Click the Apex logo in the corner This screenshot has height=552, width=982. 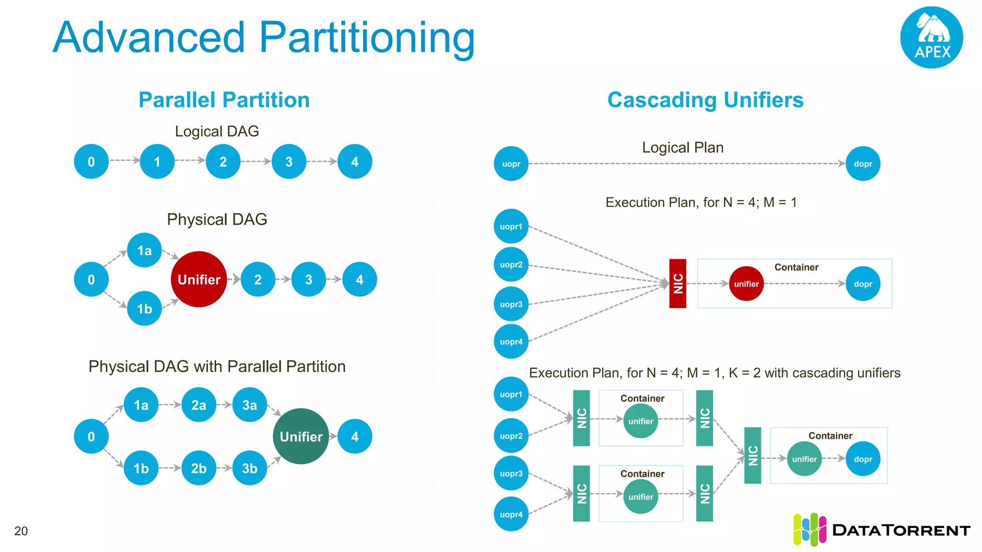point(931,37)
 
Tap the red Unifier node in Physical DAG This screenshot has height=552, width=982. point(199,279)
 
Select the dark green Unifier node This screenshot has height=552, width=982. point(301,436)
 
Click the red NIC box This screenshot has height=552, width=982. point(678,283)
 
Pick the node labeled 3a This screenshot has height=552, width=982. point(249,405)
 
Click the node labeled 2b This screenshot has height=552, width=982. point(199,468)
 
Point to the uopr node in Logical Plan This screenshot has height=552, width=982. point(511,164)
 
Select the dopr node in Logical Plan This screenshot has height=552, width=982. point(863,164)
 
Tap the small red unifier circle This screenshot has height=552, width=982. point(746,284)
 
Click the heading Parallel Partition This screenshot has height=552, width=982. point(224,100)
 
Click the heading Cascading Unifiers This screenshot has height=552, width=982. point(705,100)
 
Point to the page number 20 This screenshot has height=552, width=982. point(21,531)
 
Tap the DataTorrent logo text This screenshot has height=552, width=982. point(900,530)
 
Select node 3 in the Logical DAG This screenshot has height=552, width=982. point(289,162)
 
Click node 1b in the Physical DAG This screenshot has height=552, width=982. point(144,309)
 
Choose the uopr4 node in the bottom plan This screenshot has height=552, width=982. point(511,514)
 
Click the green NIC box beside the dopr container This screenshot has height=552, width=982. point(752,455)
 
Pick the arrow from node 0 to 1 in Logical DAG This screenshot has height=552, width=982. point(124,161)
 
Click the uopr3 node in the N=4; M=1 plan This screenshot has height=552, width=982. point(511,304)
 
